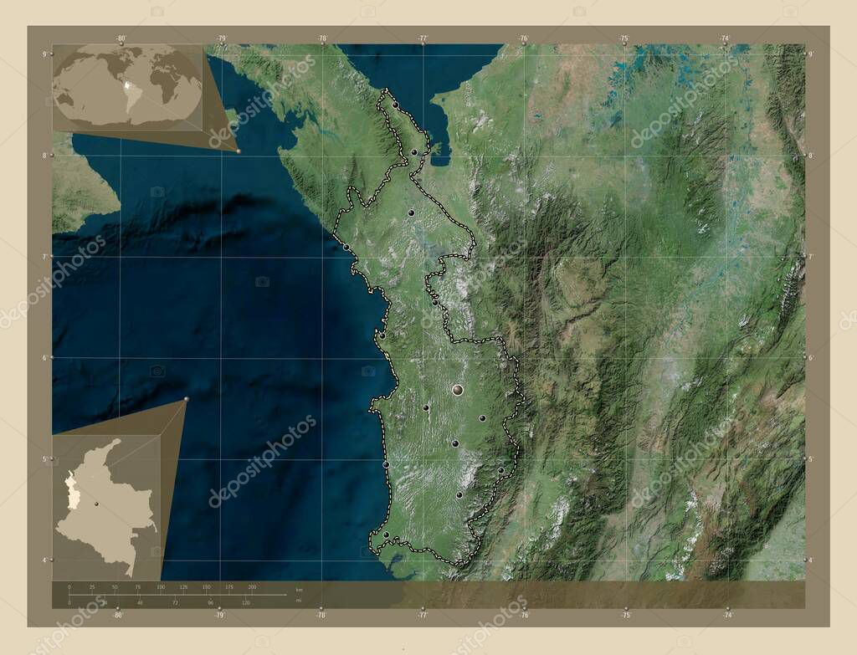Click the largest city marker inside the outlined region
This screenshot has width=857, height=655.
coord(457,389)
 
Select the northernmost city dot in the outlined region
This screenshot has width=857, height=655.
coord(394,105)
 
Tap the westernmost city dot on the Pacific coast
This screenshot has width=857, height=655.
coord(346,247)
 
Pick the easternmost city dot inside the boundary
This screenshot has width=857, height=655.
coord(500,470)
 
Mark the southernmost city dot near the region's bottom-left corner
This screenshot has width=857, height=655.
coord(386,535)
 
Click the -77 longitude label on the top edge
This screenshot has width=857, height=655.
coord(423,38)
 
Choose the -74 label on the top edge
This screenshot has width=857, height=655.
coord(725,38)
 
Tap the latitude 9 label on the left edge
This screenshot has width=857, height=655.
coord(44,54)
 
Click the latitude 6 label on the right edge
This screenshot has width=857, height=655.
coord(811,358)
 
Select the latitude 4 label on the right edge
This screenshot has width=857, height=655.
coord(811,560)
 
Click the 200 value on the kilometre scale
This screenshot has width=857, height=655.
coord(252,587)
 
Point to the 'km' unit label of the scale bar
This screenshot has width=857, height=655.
coord(299,591)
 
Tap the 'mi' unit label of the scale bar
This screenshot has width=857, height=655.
coord(299,600)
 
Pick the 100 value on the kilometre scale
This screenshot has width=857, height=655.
coord(161,587)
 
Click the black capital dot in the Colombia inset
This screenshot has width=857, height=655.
coord(97,504)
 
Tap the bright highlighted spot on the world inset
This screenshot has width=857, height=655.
coord(128,84)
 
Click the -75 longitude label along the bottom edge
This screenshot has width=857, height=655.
coord(625,615)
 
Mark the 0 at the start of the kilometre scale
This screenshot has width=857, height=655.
coord(69,587)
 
